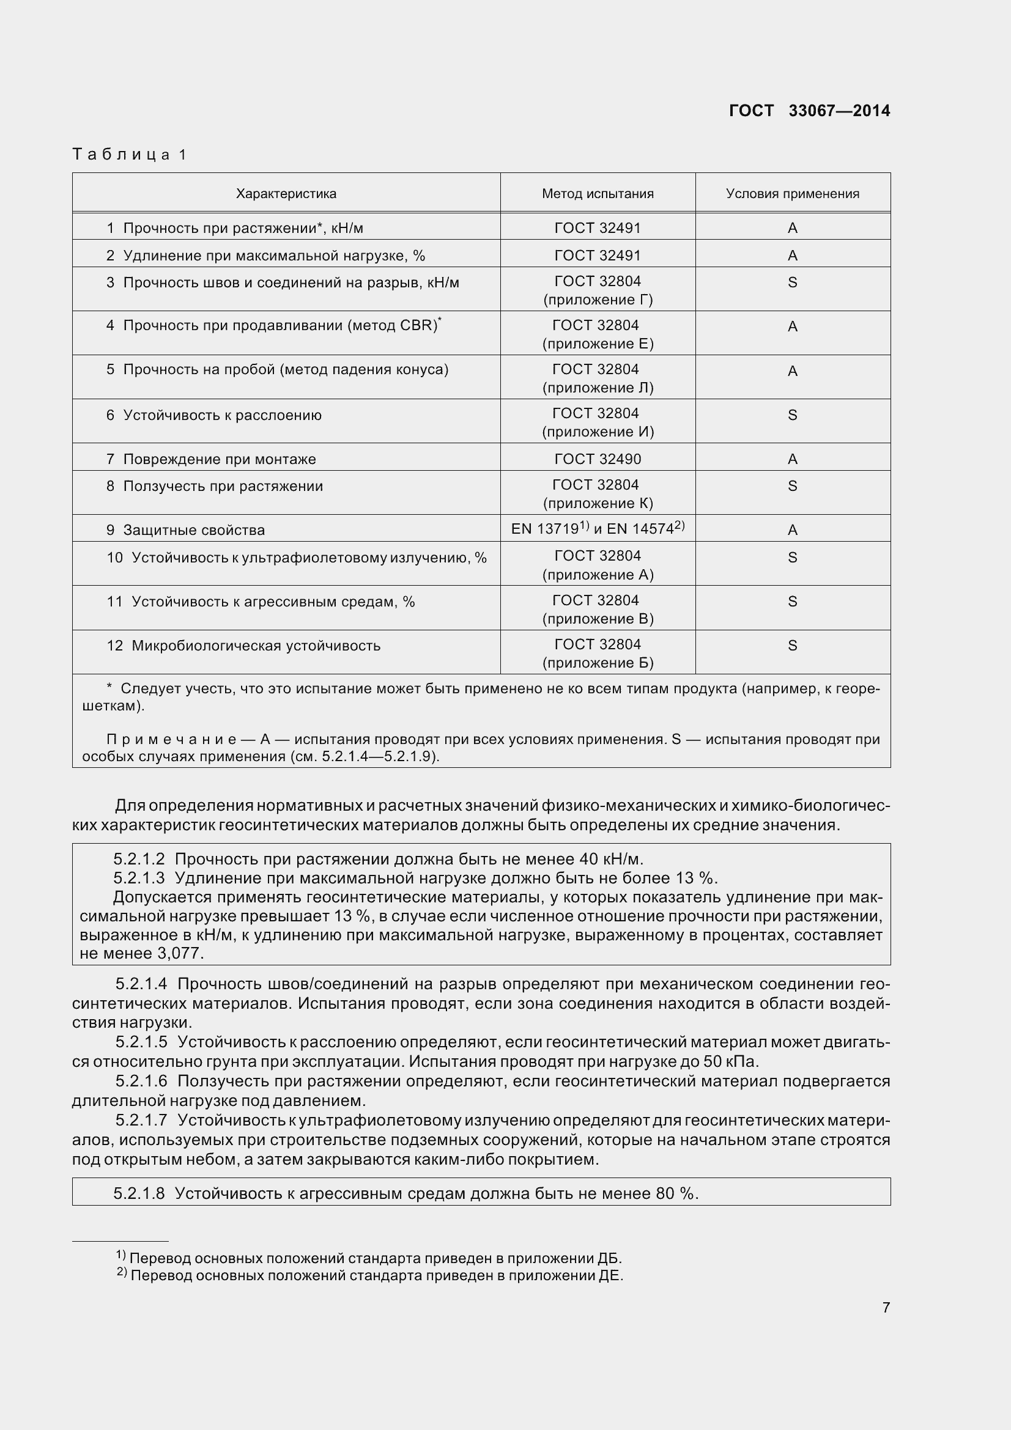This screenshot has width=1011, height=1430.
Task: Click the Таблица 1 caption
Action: [x=130, y=155]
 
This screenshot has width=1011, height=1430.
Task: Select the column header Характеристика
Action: [x=286, y=194]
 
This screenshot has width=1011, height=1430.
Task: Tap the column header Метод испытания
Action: [x=598, y=194]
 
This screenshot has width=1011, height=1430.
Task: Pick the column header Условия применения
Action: [x=793, y=194]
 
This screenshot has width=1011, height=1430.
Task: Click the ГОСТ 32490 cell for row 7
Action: [x=598, y=459]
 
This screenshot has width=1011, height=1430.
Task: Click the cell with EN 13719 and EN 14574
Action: [x=598, y=529]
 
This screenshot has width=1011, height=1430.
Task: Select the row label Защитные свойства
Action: [x=194, y=530]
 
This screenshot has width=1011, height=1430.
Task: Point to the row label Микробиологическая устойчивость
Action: [x=256, y=646]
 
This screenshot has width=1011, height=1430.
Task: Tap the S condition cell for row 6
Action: [x=793, y=415]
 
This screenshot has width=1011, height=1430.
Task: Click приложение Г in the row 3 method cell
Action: [x=598, y=300]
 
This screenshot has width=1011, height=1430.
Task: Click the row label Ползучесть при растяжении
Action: [x=223, y=487]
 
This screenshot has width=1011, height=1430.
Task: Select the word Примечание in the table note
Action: [x=171, y=739]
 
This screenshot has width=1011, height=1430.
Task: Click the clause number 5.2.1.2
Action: [x=139, y=860]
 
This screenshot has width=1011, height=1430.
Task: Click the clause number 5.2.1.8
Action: [x=139, y=1194]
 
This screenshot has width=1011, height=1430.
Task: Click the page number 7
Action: [x=886, y=1308]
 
